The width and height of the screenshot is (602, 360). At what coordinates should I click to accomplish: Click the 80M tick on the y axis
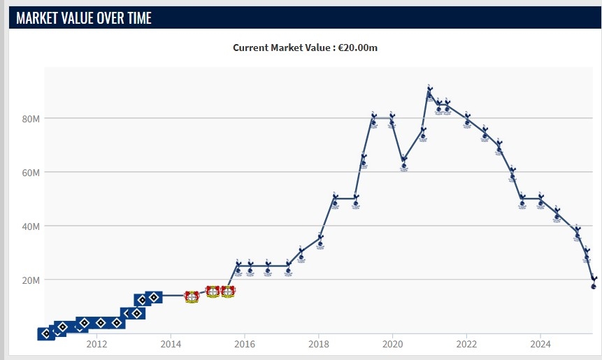[31, 118]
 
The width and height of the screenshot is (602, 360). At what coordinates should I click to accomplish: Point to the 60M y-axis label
[31, 172]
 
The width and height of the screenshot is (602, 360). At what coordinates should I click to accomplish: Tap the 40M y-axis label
[31, 226]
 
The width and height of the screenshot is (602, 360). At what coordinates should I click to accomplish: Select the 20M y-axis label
[31, 280]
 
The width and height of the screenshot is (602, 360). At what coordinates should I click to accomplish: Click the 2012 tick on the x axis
[96, 344]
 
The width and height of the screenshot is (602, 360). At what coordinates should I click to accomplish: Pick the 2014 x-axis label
[171, 344]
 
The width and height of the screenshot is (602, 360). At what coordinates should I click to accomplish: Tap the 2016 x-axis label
[244, 344]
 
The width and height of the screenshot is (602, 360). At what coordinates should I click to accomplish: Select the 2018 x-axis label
[318, 344]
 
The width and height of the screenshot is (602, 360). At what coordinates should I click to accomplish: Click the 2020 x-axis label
[392, 344]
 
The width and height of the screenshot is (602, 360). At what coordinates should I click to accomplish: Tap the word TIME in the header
[135, 18]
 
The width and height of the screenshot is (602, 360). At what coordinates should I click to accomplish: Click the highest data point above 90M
[429, 92]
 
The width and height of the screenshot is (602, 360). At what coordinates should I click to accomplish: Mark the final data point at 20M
[594, 282]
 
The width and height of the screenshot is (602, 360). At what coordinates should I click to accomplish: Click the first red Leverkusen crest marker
[192, 296]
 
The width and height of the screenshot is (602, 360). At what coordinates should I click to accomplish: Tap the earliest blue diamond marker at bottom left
[46, 333]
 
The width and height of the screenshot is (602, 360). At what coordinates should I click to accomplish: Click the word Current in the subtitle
[252, 48]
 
